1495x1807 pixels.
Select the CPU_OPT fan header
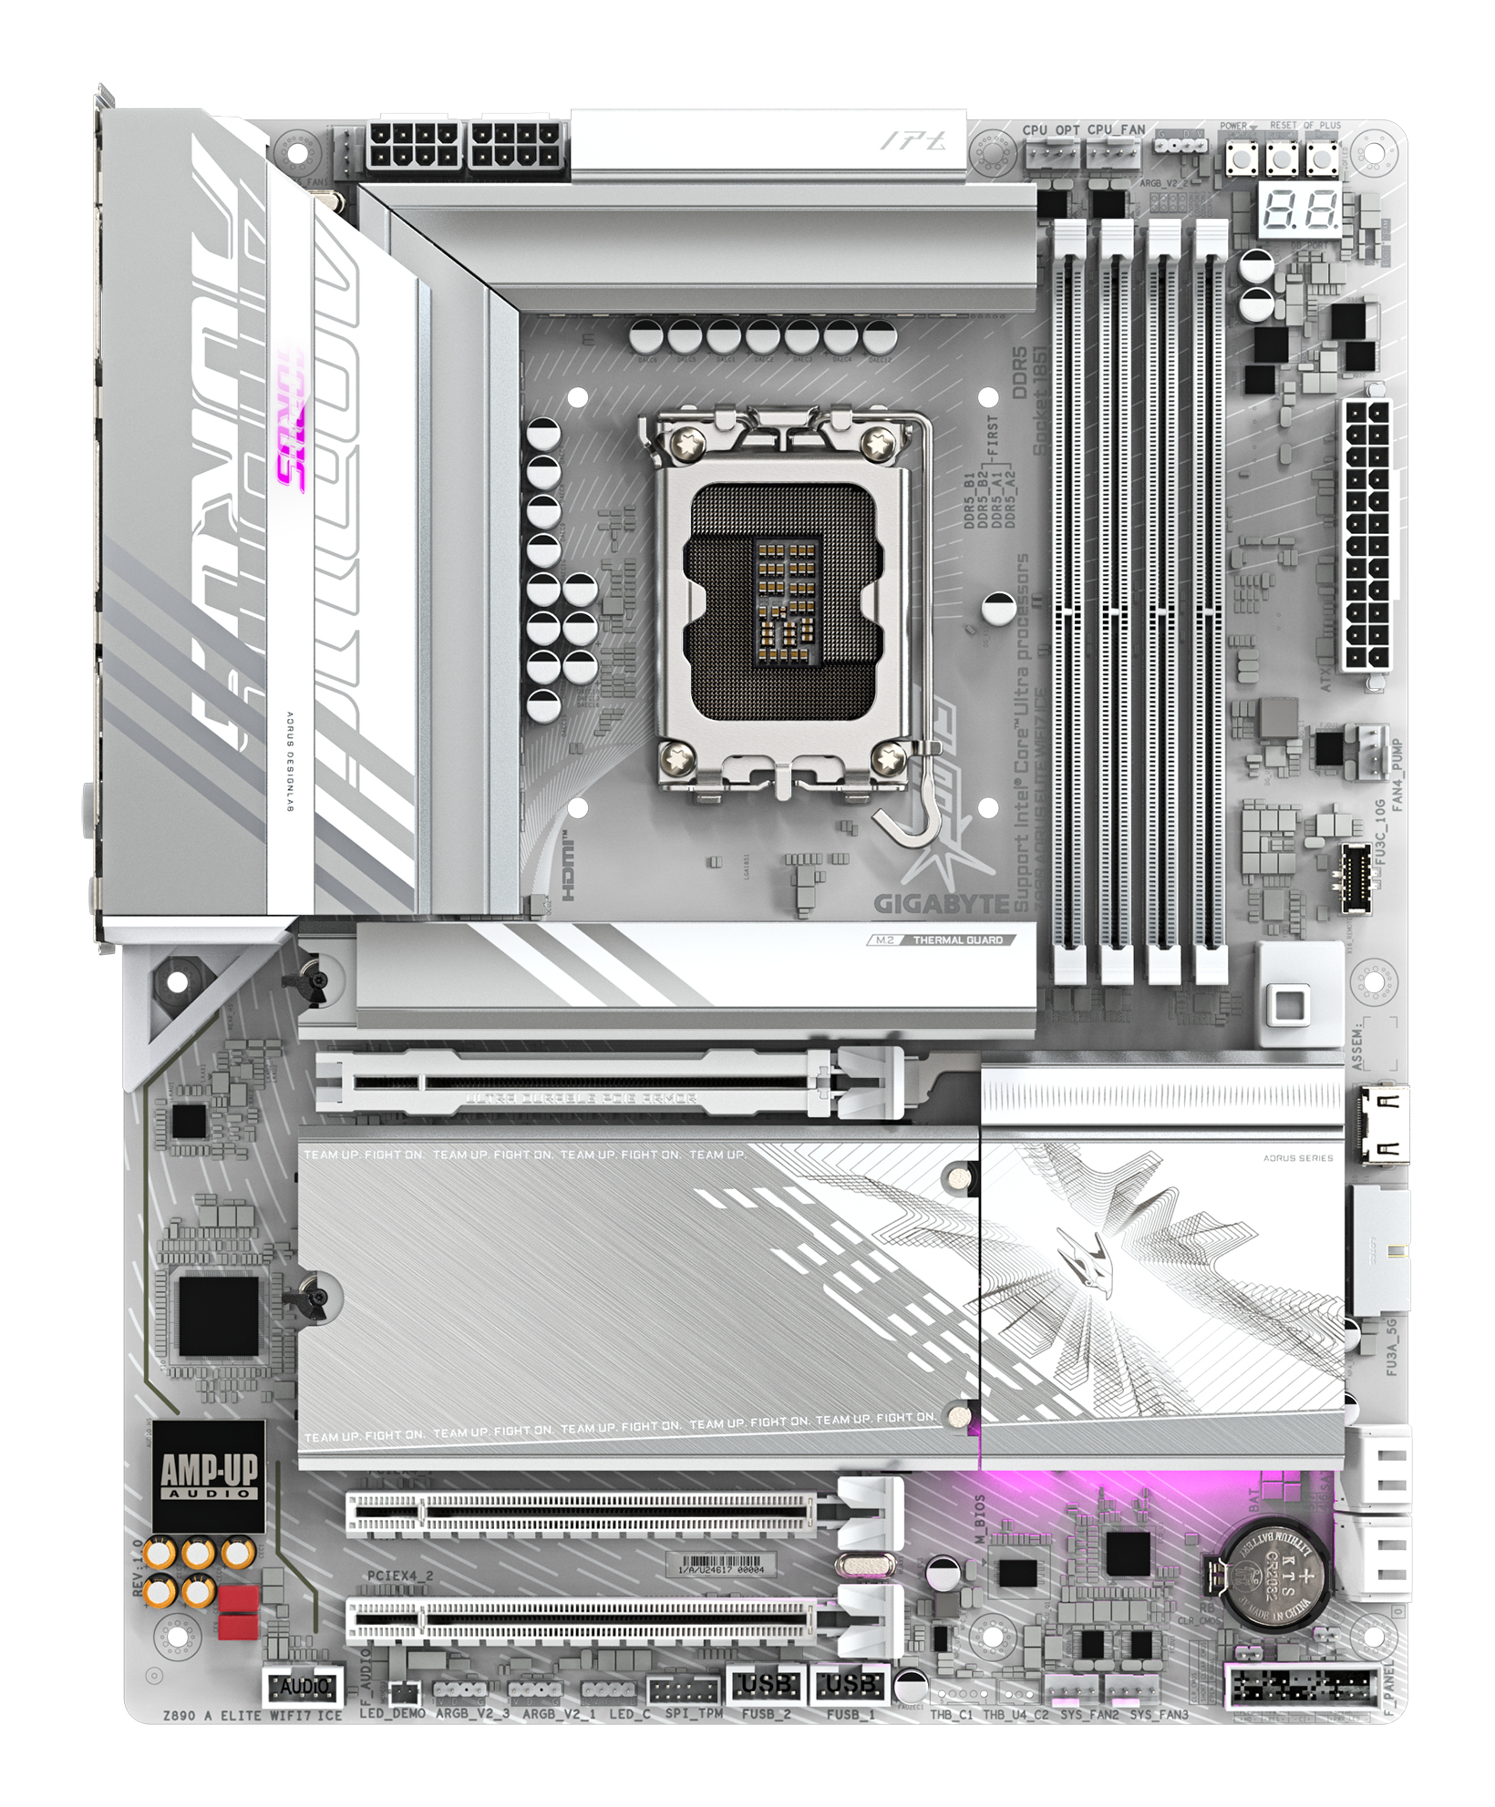[1051, 156]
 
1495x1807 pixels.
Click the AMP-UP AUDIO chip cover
[208, 1475]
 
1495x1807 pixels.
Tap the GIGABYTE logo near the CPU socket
[943, 902]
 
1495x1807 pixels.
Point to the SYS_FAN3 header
[1134, 1689]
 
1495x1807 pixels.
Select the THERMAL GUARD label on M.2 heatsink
[957, 939]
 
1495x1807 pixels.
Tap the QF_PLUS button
[1322, 157]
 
